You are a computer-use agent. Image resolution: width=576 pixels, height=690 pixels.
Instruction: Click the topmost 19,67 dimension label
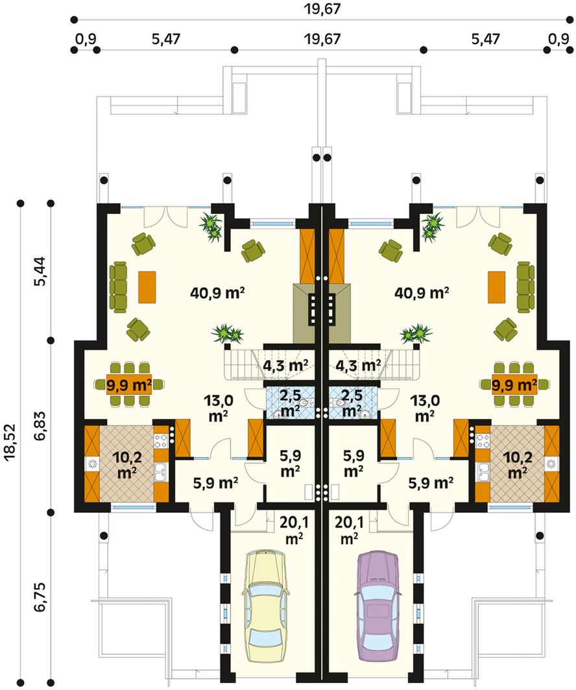click(322, 8)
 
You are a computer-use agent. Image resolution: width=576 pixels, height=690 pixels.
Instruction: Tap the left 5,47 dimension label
click(166, 39)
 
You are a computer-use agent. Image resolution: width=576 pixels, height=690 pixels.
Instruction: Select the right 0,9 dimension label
click(558, 39)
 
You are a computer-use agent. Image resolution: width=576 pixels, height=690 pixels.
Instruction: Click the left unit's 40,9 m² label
click(217, 292)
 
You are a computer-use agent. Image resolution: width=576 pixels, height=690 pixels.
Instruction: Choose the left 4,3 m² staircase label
click(285, 365)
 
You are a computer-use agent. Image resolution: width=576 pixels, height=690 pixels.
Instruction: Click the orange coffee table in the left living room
click(147, 287)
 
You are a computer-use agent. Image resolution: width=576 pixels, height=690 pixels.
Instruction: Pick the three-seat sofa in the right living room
click(525, 287)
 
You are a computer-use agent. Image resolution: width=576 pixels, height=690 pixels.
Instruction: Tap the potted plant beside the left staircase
click(227, 334)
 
